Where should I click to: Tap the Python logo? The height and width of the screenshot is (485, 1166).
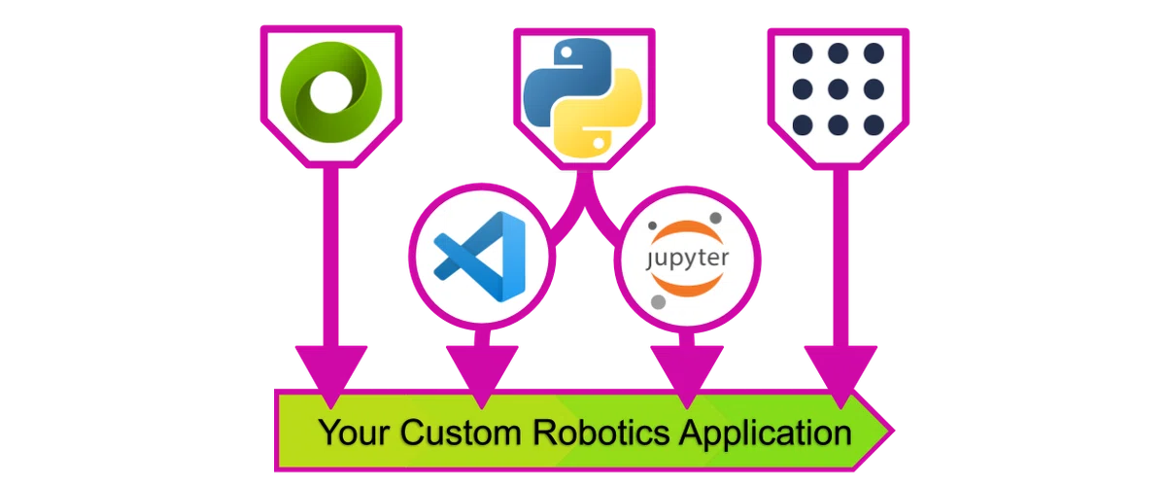(583, 98)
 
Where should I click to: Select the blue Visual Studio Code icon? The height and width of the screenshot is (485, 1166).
(480, 257)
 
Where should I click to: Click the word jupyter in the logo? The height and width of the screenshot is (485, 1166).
(687, 259)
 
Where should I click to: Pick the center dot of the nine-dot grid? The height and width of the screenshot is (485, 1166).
(838, 89)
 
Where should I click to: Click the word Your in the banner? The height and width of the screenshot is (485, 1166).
(354, 433)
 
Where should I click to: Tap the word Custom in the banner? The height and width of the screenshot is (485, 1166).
(461, 433)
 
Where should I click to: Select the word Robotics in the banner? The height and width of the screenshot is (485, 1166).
(601, 433)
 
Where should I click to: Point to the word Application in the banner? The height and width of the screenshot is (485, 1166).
(766, 433)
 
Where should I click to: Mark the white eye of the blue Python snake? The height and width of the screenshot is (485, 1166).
(566, 52)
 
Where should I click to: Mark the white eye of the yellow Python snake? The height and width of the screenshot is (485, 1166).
(599, 143)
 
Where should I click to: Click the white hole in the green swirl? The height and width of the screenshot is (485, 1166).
(331, 91)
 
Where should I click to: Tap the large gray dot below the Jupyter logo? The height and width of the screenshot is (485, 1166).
(659, 301)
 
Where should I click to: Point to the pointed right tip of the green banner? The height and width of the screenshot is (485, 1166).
(893, 431)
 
